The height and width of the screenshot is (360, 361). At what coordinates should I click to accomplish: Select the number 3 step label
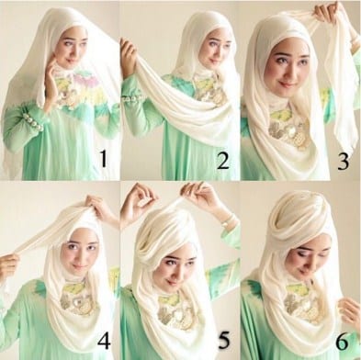[343, 162]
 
